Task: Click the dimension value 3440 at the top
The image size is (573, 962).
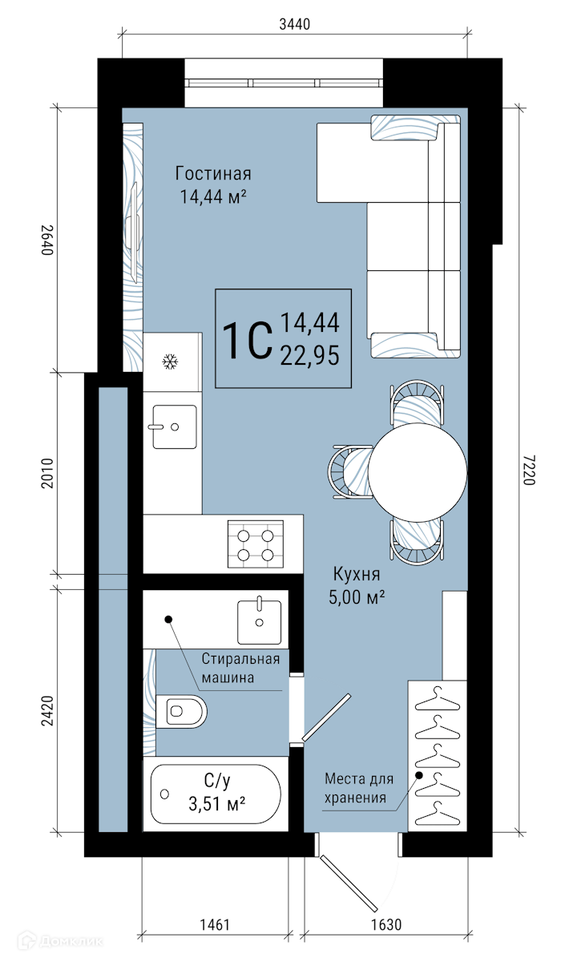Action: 294,25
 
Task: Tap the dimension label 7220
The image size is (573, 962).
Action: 529,470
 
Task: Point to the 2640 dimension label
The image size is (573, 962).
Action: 47,240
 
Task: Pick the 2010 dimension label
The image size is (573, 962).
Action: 47,473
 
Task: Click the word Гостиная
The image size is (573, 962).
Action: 213,173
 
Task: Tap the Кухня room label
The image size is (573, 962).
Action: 357,574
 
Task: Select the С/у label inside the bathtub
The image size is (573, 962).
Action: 216,780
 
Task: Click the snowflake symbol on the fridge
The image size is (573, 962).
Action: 170,362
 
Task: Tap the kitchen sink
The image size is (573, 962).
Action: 175,426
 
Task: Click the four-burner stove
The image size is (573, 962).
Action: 256,544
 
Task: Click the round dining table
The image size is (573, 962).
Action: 418,472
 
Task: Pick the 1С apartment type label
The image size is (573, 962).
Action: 248,341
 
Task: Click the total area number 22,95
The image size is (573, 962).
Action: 310,355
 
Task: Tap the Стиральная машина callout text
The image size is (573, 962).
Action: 240,669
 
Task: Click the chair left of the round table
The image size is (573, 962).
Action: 349,472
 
